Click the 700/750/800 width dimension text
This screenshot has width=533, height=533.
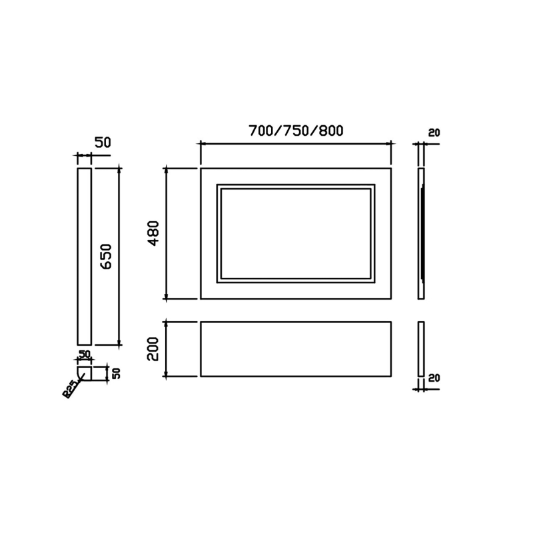click(296, 131)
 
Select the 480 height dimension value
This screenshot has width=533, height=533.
click(154, 233)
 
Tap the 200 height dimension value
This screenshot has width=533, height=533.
click(153, 348)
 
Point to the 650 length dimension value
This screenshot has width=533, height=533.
click(106, 257)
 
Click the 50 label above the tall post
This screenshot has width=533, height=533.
click(103, 143)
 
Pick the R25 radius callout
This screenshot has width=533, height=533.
click(69, 390)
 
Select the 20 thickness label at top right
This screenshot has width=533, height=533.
click(434, 133)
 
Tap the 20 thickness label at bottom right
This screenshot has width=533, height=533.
click(434, 378)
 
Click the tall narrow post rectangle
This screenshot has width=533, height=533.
click(85, 257)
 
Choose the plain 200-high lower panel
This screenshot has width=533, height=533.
click(296, 348)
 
